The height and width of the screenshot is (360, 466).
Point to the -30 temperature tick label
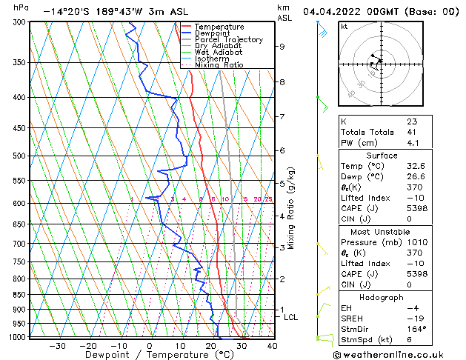(57, 346)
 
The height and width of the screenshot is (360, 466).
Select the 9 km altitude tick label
(282, 46)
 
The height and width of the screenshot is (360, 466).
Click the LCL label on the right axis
(291, 317)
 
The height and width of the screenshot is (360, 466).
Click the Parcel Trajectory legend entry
(228, 39)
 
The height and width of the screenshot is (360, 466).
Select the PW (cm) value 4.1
(412, 143)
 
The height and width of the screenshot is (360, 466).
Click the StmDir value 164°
(416, 329)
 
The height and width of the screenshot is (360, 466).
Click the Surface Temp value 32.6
(416, 167)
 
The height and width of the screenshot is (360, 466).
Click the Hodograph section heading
(382, 297)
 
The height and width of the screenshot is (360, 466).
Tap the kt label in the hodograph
(344, 27)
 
